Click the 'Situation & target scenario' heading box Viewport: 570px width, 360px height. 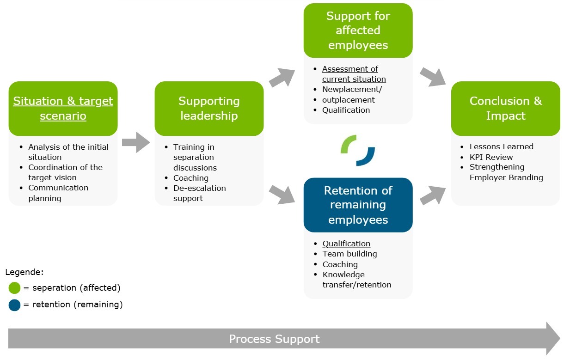(x=63, y=109)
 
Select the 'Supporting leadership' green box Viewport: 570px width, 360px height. (x=209, y=109)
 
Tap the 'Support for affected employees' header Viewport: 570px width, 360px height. (x=358, y=31)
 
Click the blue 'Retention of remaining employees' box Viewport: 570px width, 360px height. (x=358, y=205)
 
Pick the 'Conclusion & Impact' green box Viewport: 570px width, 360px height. (x=505, y=109)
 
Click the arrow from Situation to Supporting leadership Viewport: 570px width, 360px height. (x=136, y=142)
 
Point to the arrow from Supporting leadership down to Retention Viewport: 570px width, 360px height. (x=282, y=194)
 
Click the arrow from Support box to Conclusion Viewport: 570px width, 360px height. (x=432, y=77)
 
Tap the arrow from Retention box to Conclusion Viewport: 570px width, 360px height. (x=432, y=195)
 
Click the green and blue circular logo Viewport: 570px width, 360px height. (x=358, y=150)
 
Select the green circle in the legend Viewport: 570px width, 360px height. (x=14, y=288)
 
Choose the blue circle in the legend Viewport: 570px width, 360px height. (x=14, y=305)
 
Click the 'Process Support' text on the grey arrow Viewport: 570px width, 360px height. (x=274, y=339)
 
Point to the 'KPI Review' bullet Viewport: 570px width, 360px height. (x=491, y=157)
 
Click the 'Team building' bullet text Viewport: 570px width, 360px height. (x=349, y=254)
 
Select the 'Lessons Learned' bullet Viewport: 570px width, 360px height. (x=501, y=146)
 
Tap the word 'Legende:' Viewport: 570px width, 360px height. (x=24, y=272)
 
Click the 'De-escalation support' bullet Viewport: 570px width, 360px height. (x=199, y=193)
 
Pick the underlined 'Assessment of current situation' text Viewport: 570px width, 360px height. (x=354, y=74)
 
